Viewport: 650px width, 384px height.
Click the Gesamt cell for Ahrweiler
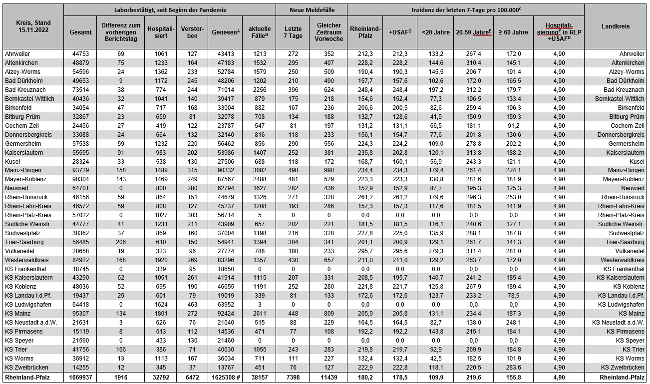pyautogui.click(x=80, y=54)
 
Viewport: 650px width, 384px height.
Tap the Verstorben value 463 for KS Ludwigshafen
pyautogui.click(x=192, y=305)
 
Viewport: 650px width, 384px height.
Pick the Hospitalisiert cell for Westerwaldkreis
pyautogui.click(x=160, y=260)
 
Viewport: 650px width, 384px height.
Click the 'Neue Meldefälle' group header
pyautogui.click(x=312, y=9)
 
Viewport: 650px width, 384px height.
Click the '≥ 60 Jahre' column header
pyautogui.click(x=513, y=32)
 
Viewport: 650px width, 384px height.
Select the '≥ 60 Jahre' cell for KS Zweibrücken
pyautogui.click(x=513, y=368)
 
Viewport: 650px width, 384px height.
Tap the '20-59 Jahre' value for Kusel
pyautogui.click(x=473, y=161)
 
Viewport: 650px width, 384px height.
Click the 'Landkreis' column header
pyautogui.click(x=616, y=26)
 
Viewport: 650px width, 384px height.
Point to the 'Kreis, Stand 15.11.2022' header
pyautogui.click(x=32, y=26)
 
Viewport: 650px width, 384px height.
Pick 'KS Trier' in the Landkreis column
pyautogui.click(x=631, y=350)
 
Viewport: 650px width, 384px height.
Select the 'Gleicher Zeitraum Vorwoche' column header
pyautogui.click(x=328, y=32)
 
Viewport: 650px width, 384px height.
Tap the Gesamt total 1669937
pyautogui.click(x=80, y=378)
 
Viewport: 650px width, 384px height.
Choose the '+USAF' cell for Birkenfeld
pyautogui.click(x=400, y=108)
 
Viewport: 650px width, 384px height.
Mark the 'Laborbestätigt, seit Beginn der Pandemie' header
pyautogui.click(x=170, y=9)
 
